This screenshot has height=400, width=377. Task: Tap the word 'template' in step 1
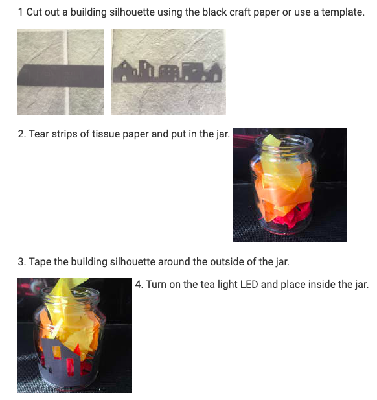343,12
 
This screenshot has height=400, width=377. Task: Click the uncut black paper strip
61,75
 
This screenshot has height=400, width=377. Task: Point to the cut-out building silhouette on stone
168,71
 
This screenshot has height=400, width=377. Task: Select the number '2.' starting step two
22,134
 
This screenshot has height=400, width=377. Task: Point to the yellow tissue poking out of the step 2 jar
272,140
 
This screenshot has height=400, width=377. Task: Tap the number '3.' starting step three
22,262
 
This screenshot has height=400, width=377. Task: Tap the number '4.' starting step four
139,285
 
